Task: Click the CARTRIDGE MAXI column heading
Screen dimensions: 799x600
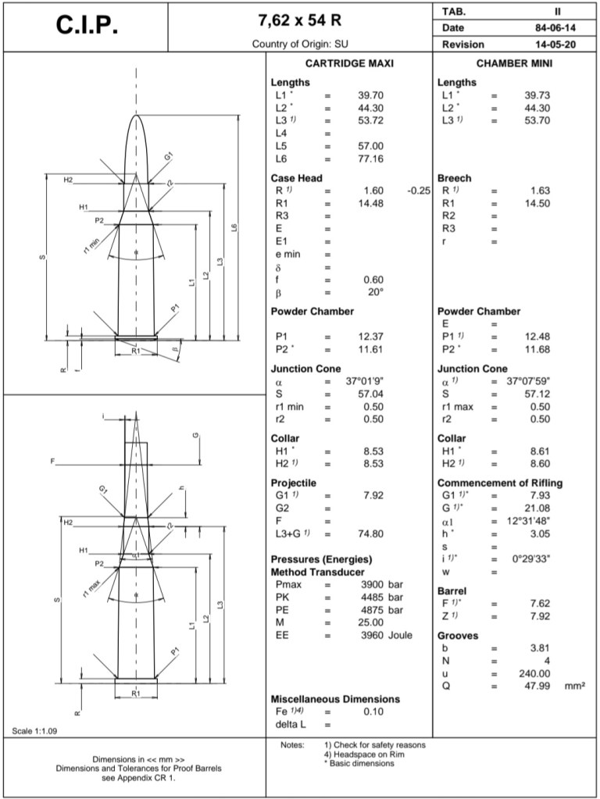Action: (348, 64)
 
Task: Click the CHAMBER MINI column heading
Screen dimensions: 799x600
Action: (513, 64)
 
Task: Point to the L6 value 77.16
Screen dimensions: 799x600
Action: (371, 159)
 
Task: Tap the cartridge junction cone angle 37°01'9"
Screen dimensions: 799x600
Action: (362, 382)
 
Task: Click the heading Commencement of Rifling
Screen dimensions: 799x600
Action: (499, 483)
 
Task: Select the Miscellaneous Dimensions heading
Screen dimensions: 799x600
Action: (335, 699)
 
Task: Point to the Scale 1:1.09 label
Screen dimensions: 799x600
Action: (35, 732)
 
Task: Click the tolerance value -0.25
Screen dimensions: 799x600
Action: (419, 191)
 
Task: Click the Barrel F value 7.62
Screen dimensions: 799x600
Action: (538, 603)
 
